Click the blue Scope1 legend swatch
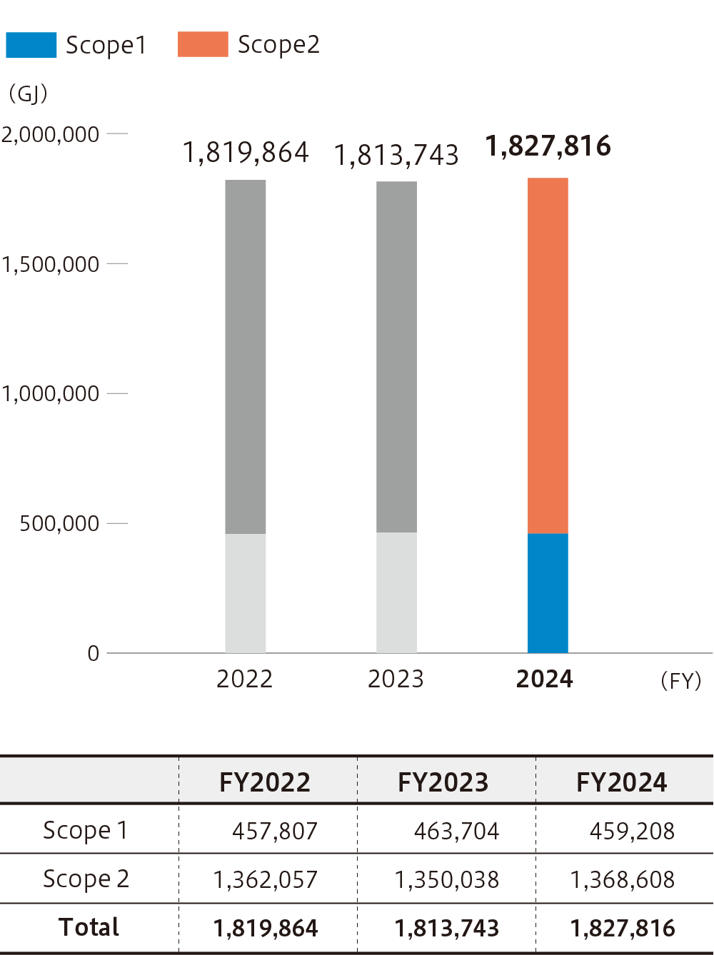click(31, 45)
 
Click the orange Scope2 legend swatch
click(203, 45)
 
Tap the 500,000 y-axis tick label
click(59, 524)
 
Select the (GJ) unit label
click(28, 94)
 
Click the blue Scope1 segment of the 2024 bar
click(548, 593)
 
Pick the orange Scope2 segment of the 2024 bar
click(548, 355)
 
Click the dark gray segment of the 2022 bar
click(246, 357)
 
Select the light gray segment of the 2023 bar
click(396, 592)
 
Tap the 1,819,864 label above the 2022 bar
click(246, 153)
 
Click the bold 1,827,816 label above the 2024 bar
click(548, 146)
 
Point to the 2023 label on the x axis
click(396, 679)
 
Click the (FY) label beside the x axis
click(681, 681)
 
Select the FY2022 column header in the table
click(265, 782)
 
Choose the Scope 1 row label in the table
click(86, 830)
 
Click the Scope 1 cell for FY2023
click(456, 831)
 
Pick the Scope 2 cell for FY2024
click(622, 879)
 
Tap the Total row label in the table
click(89, 927)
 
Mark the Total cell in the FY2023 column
click(447, 928)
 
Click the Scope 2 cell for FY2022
click(265, 879)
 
